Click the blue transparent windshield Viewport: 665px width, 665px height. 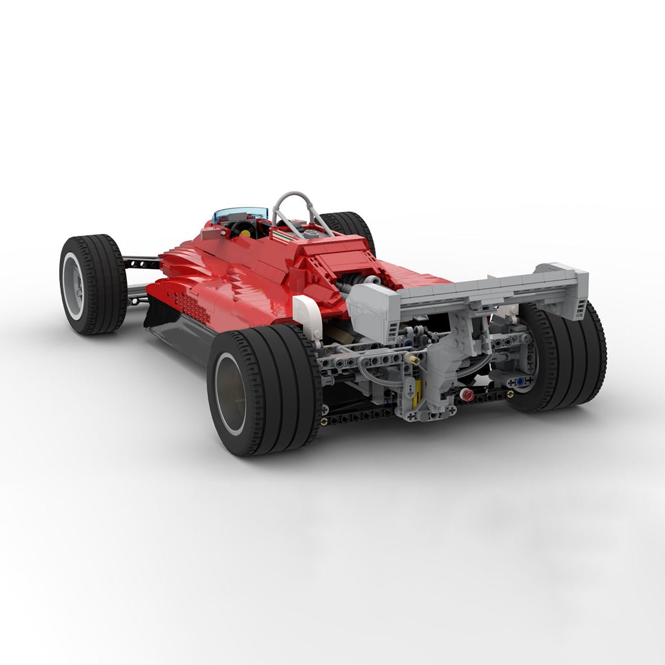[x=240, y=213]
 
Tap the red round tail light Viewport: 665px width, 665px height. [x=467, y=396]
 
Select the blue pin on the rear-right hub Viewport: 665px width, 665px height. [x=519, y=382]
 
